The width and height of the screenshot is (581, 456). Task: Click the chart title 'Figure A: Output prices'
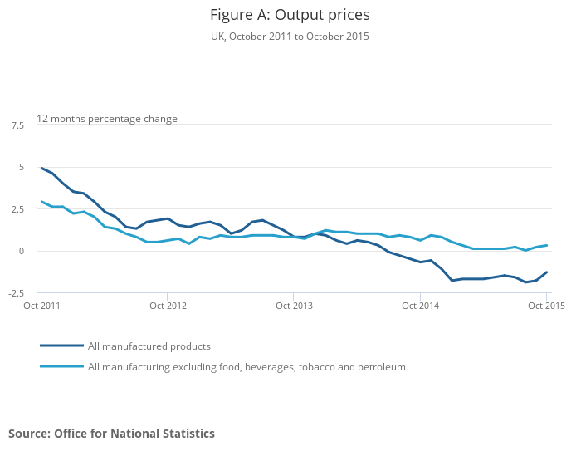coord(290,15)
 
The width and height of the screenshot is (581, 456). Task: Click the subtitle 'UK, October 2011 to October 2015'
coord(290,37)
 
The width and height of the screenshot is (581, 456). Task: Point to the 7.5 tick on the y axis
coord(18,125)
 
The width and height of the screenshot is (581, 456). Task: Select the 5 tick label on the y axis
coord(22,167)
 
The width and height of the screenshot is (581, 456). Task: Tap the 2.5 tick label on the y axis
coord(18,209)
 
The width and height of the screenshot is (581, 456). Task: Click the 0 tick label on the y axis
coord(22,251)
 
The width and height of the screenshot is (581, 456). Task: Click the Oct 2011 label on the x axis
coord(41,306)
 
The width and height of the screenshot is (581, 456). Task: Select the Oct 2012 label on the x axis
coord(168,306)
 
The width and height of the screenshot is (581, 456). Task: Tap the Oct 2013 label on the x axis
coord(294,306)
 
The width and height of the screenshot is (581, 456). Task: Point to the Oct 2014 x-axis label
coord(420,306)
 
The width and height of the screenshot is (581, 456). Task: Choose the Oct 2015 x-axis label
coord(546,306)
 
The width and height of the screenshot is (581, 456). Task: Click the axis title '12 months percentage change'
coord(107,119)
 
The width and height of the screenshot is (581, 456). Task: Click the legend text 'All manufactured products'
coord(149,346)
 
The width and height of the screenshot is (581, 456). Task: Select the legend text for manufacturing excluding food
coord(247,366)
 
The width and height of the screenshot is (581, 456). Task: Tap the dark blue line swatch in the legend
coord(61,346)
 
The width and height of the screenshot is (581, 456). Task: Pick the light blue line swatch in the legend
coord(61,366)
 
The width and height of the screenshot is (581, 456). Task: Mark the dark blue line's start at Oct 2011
coord(41,168)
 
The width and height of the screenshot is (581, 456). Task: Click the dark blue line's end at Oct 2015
coord(546,272)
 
